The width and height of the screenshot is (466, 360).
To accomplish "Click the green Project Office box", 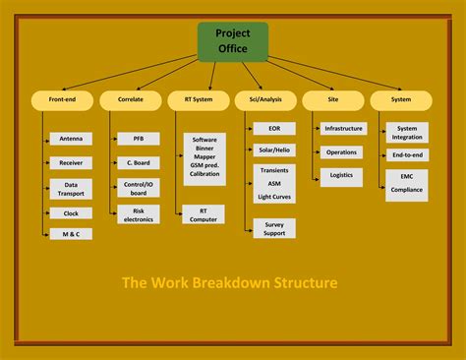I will (233, 40).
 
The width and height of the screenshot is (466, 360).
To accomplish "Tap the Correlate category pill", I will (131, 99).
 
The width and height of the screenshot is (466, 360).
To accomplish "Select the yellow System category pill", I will (400, 99).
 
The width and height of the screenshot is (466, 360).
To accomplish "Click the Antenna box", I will (71, 139).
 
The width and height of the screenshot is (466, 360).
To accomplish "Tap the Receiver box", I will (71, 162).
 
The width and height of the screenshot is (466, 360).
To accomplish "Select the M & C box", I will (71, 233).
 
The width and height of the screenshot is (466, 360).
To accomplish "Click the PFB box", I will (139, 139).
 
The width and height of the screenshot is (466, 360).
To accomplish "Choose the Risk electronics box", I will (139, 214).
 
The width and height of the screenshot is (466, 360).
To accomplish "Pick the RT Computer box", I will (204, 214).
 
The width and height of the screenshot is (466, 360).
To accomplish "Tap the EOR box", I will (273, 128).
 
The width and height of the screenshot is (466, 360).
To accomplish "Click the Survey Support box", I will (273, 228).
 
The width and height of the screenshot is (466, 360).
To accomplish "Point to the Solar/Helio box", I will (273, 150).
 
